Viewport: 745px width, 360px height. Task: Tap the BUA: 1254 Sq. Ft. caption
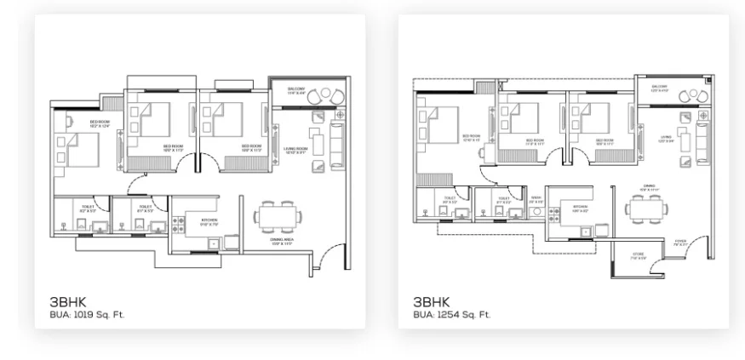[452, 314]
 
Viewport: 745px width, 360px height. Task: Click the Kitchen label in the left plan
[209, 223]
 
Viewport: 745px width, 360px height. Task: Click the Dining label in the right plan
[649, 187]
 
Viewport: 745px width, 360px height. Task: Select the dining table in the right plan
[645, 207]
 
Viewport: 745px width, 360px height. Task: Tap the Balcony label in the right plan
[660, 88]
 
